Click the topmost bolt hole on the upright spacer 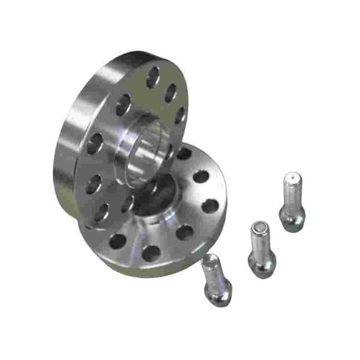[153, 77]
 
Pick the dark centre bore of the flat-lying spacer [157, 198]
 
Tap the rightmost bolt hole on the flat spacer [210, 206]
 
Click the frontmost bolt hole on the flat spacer [152, 253]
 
